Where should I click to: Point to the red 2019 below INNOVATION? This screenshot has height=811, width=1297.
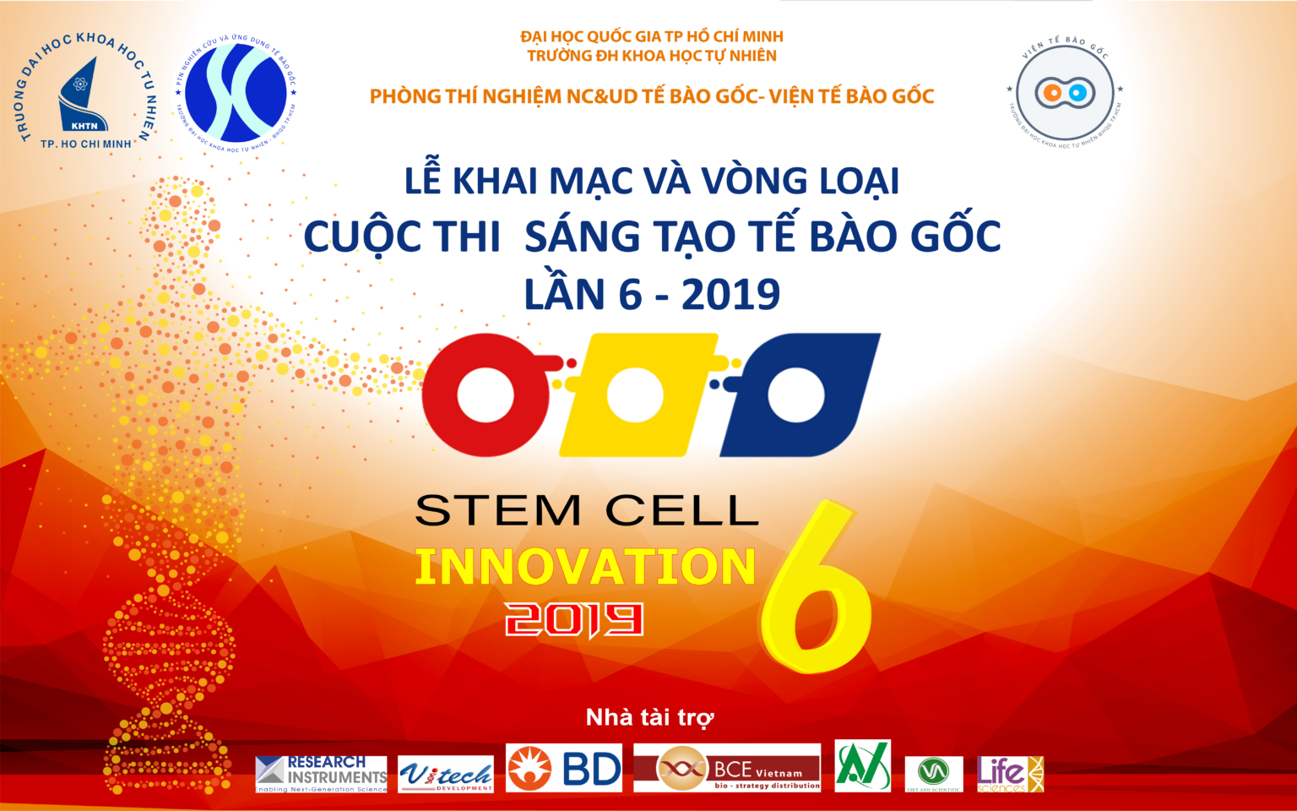click(x=574, y=620)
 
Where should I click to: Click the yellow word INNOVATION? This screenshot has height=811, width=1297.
click(x=585, y=567)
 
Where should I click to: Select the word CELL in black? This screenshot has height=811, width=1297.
click(x=682, y=511)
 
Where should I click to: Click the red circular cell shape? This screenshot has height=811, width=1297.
click(x=485, y=396)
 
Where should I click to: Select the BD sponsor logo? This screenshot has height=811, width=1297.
click(x=564, y=768)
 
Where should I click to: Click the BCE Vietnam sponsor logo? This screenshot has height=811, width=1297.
click(x=727, y=768)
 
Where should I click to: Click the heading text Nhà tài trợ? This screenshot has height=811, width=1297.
click(x=649, y=718)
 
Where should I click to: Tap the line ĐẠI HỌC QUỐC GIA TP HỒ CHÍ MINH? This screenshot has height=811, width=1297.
click(x=651, y=36)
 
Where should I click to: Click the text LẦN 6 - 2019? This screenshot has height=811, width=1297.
click(x=652, y=295)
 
